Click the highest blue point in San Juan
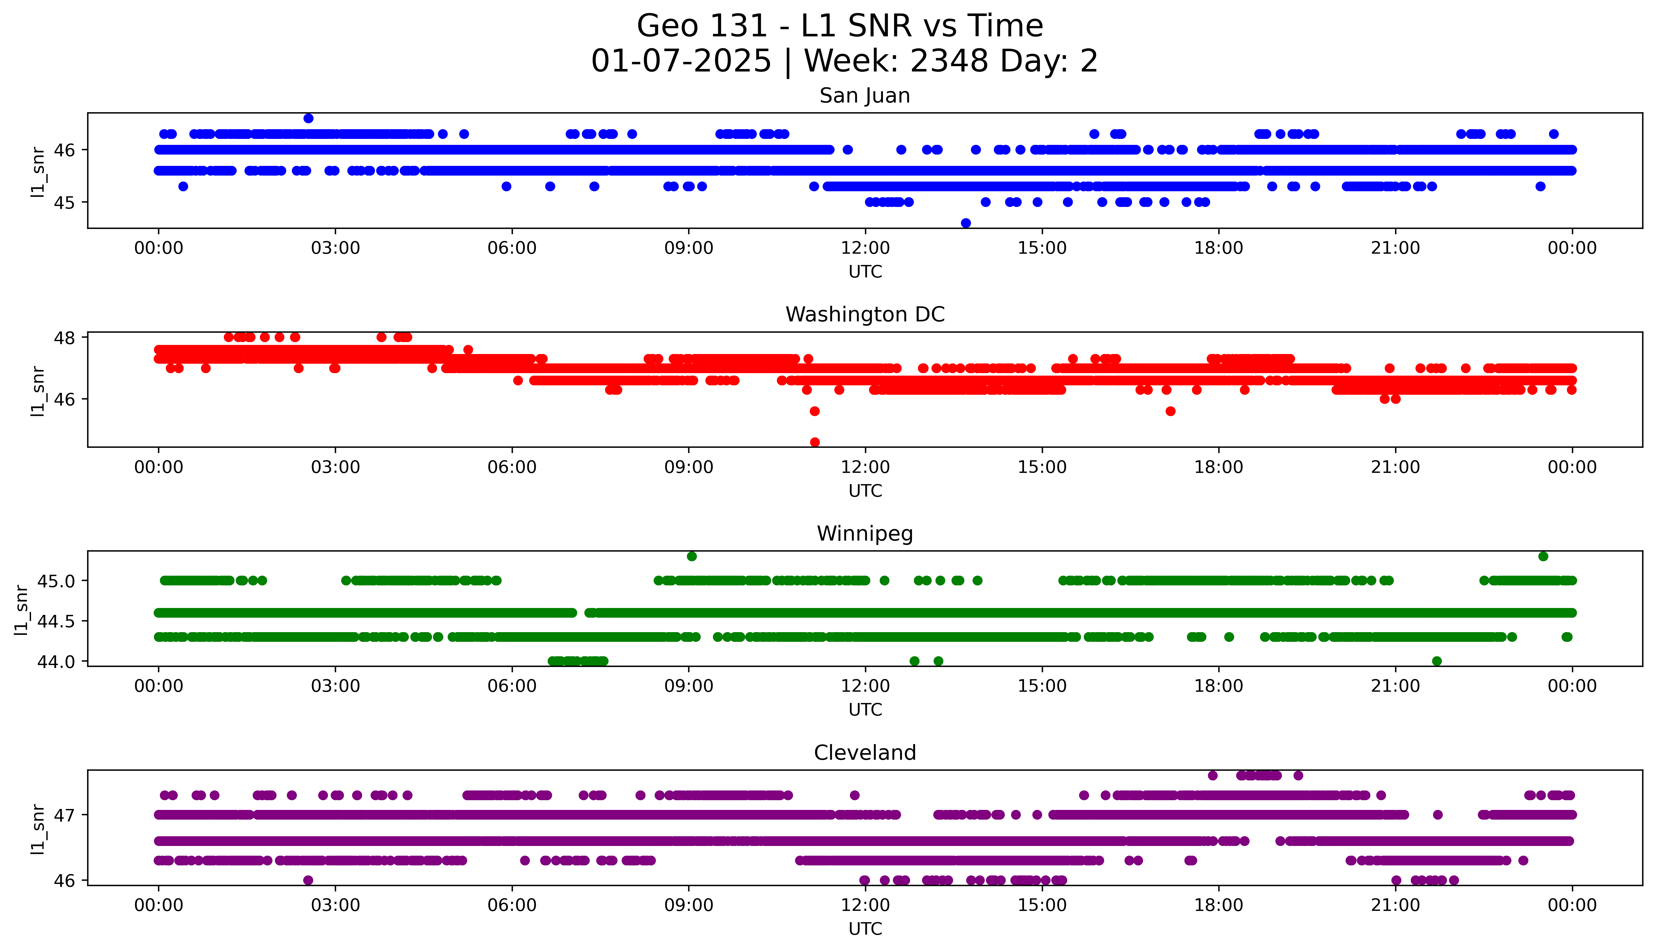coord(308,118)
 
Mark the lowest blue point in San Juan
coord(966,223)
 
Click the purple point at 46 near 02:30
coord(308,880)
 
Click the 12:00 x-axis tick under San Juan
coord(865,248)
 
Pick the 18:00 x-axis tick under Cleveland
coord(1218,905)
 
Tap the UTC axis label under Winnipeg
coord(865,710)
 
